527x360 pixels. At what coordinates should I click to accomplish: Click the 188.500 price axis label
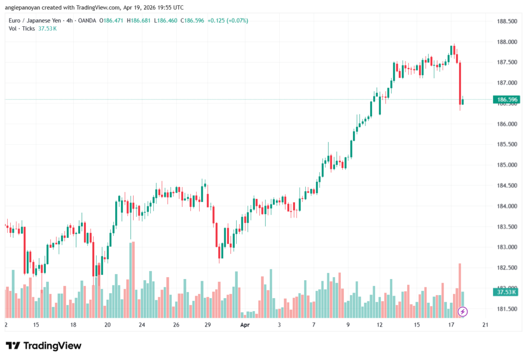505,21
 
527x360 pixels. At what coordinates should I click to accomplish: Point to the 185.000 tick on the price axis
505,165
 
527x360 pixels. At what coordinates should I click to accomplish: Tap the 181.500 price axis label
505,309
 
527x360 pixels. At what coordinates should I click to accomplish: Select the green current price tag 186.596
505,99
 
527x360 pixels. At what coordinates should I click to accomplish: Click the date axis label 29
207,325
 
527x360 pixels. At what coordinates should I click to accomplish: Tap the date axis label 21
484,325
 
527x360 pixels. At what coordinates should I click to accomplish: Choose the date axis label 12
380,325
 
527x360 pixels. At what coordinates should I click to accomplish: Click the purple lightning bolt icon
463,312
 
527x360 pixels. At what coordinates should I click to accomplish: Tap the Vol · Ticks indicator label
22,29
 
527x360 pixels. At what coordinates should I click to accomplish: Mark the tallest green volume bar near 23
133,280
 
